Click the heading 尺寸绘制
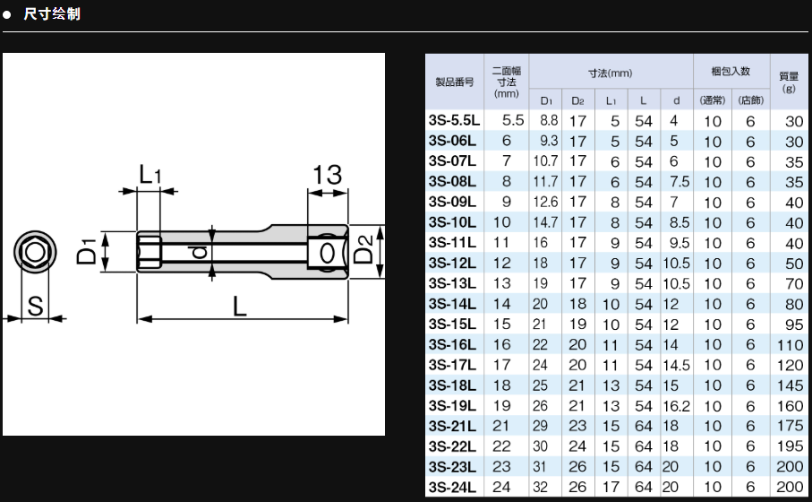point(51,15)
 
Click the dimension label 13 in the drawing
point(327,175)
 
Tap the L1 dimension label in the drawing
point(150,175)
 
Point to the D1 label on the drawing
point(86,252)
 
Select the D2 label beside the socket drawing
point(363,251)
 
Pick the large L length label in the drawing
point(239,306)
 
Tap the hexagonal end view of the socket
point(34,252)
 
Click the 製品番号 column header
point(454,82)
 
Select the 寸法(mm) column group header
point(610,72)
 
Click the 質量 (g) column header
point(789,82)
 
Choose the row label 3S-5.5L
point(454,120)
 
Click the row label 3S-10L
point(452,222)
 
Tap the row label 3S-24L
point(452,487)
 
